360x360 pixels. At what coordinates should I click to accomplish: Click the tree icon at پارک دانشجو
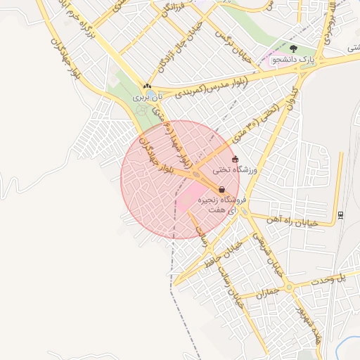[293, 49]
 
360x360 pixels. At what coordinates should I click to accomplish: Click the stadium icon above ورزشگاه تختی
[235, 160]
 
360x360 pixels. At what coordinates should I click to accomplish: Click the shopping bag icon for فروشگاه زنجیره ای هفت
[221, 189]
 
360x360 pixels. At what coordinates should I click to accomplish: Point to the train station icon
[341, 214]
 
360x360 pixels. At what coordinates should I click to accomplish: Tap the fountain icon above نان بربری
[147, 86]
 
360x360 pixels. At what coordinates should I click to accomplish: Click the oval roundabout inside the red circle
[198, 174]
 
